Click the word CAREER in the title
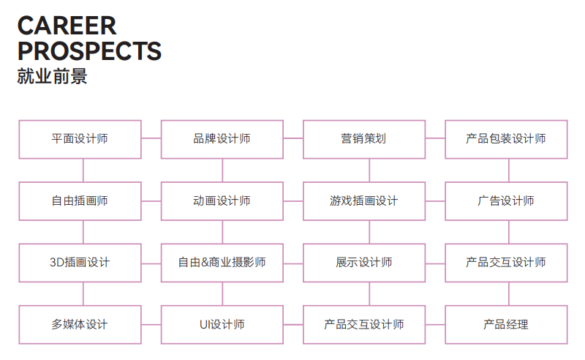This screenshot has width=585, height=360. (67, 26)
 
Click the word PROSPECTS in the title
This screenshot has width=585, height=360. (89, 51)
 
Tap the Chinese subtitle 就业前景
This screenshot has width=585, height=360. (52, 77)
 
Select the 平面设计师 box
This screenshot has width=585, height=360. (80, 139)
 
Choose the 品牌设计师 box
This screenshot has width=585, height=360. (222, 139)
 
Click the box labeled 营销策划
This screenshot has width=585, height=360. (363, 139)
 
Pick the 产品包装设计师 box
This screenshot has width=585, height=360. (505, 139)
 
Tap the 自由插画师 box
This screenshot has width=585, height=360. (80, 201)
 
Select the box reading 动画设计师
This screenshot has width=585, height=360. (222, 201)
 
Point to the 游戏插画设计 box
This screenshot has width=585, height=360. (363, 201)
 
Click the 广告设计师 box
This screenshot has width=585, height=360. (505, 201)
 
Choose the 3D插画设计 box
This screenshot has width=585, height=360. (80, 263)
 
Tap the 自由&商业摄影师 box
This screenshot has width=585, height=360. (222, 263)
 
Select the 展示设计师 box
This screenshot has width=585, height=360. (363, 263)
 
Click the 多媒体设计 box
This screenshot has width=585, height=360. (80, 324)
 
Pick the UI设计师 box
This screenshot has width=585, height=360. (222, 324)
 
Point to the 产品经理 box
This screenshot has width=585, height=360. (505, 324)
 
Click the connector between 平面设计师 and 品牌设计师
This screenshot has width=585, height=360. (151, 138)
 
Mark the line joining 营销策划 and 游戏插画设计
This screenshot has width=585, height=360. (369, 170)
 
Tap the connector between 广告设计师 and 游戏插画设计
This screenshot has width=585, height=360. (435, 200)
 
